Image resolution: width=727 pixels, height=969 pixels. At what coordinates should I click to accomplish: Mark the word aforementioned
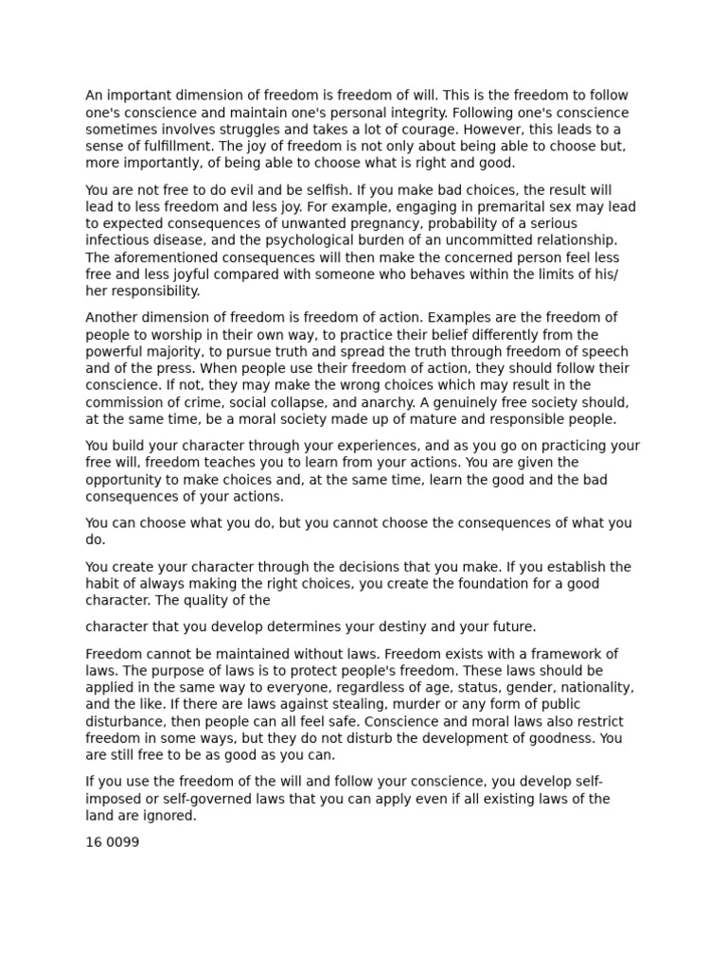(161, 257)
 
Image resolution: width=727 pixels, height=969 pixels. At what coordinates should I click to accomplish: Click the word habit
(103, 584)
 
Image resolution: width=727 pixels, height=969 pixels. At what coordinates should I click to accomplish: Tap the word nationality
(594, 688)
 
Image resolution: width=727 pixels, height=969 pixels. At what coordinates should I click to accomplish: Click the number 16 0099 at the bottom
(113, 841)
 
